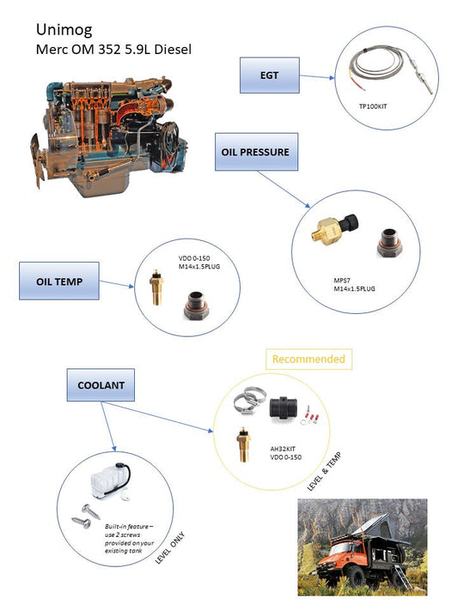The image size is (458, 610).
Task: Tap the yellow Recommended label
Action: (x=308, y=359)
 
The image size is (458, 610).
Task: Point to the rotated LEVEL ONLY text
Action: (x=169, y=547)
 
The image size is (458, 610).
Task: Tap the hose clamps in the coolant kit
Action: (x=249, y=401)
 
